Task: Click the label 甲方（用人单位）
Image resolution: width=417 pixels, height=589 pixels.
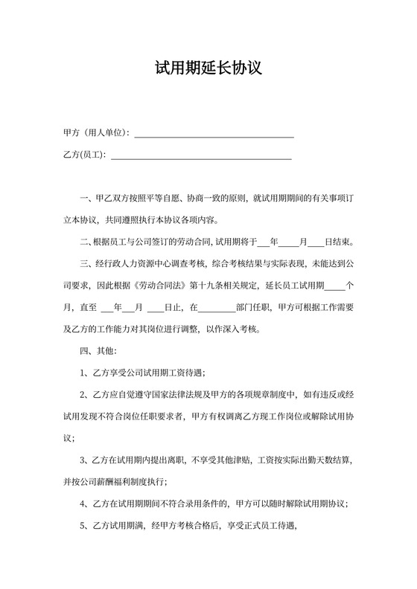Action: [97, 133]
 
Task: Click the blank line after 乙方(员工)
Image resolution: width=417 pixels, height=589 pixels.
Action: [200, 157]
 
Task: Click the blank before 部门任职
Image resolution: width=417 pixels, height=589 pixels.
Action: [217, 307]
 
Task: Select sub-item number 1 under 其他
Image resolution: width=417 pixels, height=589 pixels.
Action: [84, 372]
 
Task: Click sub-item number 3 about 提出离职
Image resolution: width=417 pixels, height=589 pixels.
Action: [84, 460]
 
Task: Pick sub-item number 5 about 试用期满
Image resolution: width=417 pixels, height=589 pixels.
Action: [84, 525]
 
